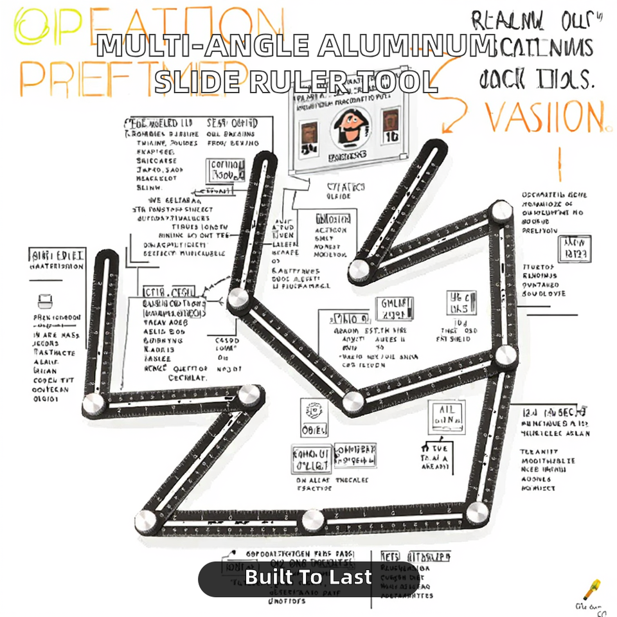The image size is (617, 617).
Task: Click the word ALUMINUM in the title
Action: pos(406,47)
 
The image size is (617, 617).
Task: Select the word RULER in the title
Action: pos(298,82)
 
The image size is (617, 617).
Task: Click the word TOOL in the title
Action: pos(396,82)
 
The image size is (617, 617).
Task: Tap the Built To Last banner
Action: pos(308,577)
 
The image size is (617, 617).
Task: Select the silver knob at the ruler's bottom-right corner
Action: pos(477,512)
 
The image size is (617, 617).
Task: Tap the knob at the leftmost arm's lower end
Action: pos(94,405)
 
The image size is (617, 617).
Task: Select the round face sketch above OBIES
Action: pos(314,409)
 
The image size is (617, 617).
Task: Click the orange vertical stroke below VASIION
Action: pos(559,165)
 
